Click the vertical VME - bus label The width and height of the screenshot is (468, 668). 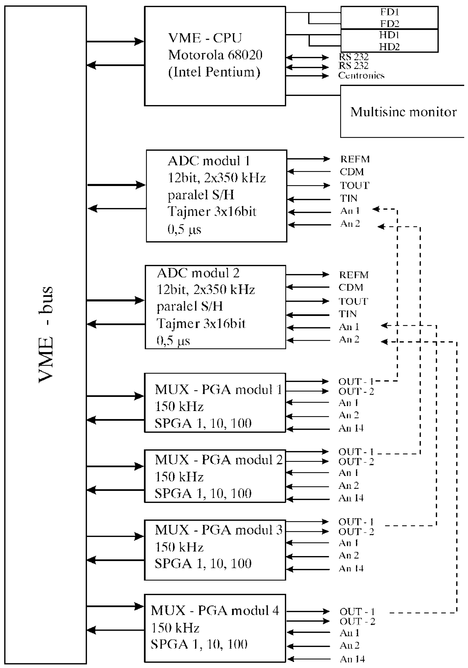pos(46,335)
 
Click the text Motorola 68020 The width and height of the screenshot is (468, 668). pos(215,55)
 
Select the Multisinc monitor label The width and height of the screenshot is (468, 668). pos(403,112)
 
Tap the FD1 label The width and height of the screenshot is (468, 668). pos(389,12)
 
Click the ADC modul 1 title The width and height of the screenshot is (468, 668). pos(209,161)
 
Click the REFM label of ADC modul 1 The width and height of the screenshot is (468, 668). pos(355,159)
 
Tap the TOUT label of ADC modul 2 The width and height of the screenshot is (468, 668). pos(353,301)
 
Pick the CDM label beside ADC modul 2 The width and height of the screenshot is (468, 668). pos(351,287)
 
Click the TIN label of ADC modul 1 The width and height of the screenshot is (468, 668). pos(349,198)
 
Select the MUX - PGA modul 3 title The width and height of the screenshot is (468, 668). pos(219,530)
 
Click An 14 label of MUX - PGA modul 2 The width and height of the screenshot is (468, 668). pos(351,498)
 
